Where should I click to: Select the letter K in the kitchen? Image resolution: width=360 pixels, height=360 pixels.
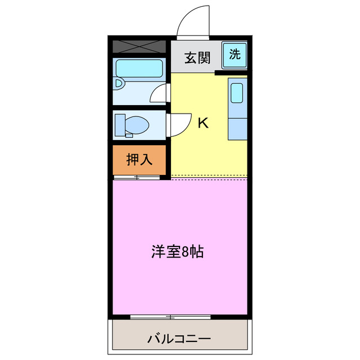203,123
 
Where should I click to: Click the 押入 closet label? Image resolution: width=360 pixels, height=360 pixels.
139,160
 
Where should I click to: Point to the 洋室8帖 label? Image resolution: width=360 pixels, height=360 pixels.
177,251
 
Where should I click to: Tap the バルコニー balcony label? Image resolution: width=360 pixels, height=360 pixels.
179,339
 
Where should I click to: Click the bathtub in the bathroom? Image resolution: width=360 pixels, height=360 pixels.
139,70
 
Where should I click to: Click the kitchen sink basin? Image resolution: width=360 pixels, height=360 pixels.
237,92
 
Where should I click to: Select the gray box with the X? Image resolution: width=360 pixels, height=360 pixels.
139,46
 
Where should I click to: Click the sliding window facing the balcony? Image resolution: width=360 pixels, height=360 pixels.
170,317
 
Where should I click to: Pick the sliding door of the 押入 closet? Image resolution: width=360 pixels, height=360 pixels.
137,178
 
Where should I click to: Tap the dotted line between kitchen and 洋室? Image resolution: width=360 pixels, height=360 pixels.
209,178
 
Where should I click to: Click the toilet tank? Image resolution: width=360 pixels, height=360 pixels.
119,124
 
